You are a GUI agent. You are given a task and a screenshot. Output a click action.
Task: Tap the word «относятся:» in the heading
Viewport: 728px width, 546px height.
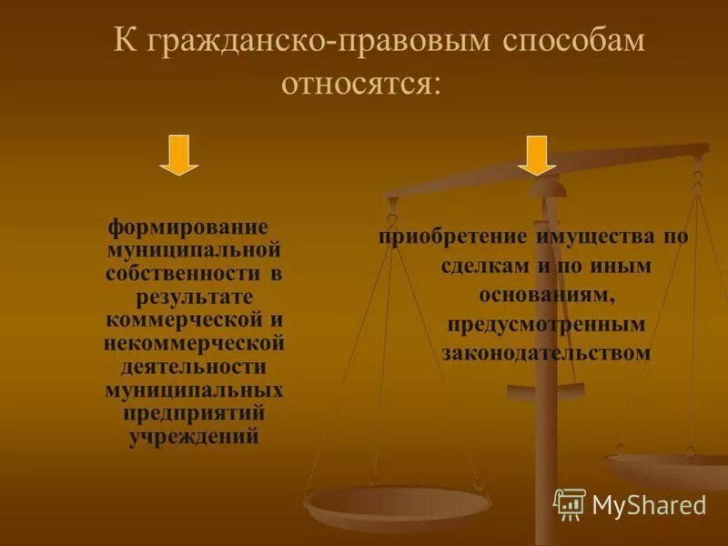point(361,85)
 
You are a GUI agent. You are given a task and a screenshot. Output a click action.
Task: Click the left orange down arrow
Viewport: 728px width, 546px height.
point(178,156)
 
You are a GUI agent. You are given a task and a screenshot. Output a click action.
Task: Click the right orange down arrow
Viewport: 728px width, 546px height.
point(537,156)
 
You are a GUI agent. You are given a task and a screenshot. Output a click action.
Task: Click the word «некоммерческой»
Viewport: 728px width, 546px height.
point(195,343)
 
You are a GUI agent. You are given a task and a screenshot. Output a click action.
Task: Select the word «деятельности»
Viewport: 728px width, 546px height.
point(194,367)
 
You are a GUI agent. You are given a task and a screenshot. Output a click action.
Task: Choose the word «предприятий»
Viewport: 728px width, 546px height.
point(194,413)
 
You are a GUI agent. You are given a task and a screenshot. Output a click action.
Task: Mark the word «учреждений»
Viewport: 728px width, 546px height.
point(195,437)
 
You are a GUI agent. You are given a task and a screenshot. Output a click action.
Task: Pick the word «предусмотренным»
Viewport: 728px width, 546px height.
point(547,324)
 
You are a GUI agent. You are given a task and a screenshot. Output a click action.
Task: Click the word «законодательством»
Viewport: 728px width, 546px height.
point(547,353)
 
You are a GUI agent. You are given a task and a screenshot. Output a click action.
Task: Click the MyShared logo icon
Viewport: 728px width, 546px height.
point(569,503)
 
